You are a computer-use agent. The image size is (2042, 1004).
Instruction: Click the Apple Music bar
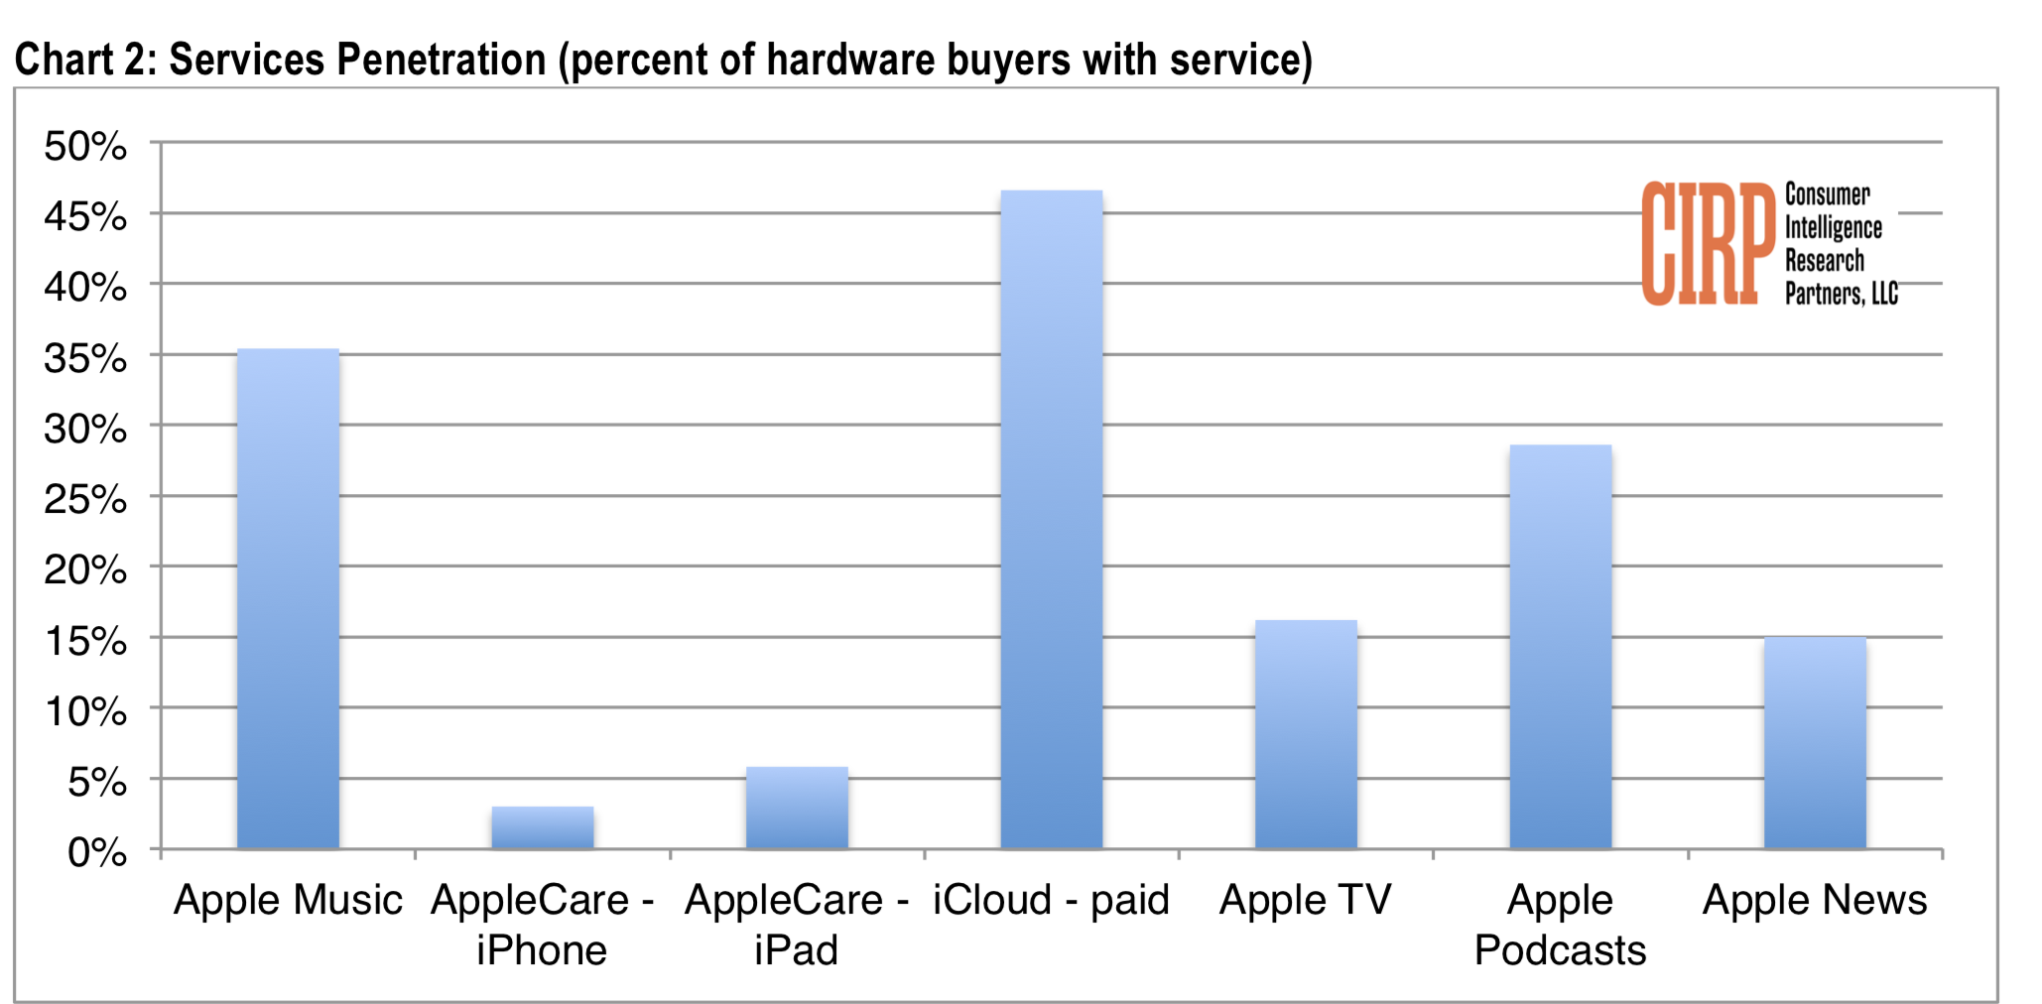(x=288, y=598)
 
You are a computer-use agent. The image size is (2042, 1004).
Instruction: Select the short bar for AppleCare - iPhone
(x=543, y=827)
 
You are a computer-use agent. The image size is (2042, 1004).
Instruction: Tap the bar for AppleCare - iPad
(x=797, y=808)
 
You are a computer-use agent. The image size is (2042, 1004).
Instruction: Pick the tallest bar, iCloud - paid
(x=1052, y=519)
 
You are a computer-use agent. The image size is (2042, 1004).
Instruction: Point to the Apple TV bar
(x=1306, y=734)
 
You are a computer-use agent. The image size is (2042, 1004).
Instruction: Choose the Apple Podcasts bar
(x=1561, y=647)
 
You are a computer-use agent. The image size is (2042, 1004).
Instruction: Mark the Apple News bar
(x=1815, y=743)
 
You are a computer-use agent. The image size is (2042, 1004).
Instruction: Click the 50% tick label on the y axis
(x=85, y=146)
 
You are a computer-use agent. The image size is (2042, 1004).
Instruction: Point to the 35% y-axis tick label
(x=85, y=358)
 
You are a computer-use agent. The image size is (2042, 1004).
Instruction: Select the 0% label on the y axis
(x=97, y=852)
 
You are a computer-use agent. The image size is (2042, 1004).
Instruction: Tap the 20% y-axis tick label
(x=85, y=569)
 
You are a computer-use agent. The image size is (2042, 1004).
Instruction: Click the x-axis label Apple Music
(x=288, y=900)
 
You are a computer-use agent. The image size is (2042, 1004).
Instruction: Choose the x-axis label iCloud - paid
(x=1052, y=901)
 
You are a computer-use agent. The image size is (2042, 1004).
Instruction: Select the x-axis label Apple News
(x=1815, y=900)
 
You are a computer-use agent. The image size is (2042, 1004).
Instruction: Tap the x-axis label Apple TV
(x=1306, y=900)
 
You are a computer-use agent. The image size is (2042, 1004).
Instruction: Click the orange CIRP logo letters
(x=1708, y=243)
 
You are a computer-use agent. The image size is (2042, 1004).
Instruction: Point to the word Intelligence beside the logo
(x=1834, y=228)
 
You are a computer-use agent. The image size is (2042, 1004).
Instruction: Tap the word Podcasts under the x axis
(x=1560, y=950)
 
